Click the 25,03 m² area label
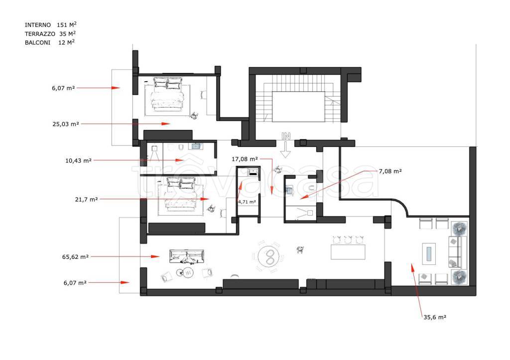tap(65, 124)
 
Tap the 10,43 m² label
tap(78, 161)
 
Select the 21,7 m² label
tap(86, 199)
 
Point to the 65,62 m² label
tap(75, 257)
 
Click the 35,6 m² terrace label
tap(434, 317)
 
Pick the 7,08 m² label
tap(390, 171)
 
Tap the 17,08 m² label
tap(245, 159)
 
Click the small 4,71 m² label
tap(247, 202)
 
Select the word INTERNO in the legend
tap(38, 25)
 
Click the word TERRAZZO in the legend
tap(40, 34)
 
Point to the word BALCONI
tap(37, 43)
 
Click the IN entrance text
tap(286, 136)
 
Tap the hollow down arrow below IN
tap(285, 150)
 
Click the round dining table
tap(269, 256)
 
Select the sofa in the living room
tap(187, 256)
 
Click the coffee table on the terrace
tap(429, 254)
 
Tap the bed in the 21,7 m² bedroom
tap(181, 194)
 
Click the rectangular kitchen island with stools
tap(348, 252)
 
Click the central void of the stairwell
tap(298, 107)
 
